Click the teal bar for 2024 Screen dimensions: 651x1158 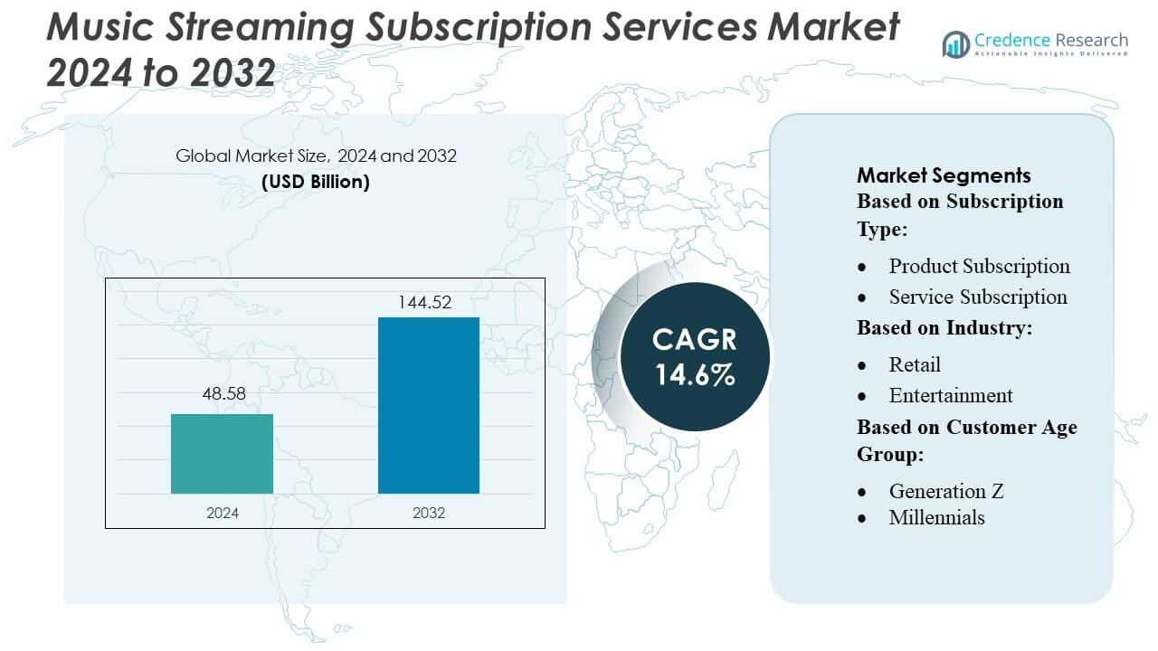(x=222, y=454)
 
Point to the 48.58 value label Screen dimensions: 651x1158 (x=222, y=394)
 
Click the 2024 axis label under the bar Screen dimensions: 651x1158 (x=222, y=513)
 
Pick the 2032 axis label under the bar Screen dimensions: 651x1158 (x=428, y=513)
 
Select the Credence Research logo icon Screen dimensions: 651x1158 (x=955, y=43)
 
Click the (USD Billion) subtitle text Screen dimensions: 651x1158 (x=316, y=182)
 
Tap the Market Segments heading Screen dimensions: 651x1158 (x=944, y=175)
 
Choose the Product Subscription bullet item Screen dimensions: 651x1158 (x=979, y=266)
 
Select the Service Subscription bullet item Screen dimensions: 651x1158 (x=978, y=297)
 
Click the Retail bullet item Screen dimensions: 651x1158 (x=915, y=364)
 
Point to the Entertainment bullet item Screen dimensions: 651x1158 (x=951, y=395)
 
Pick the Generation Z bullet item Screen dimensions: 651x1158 (x=946, y=491)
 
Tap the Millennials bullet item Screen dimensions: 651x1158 (x=936, y=517)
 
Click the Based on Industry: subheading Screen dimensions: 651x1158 (x=944, y=328)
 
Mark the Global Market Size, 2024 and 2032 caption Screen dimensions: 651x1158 (x=316, y=156)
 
